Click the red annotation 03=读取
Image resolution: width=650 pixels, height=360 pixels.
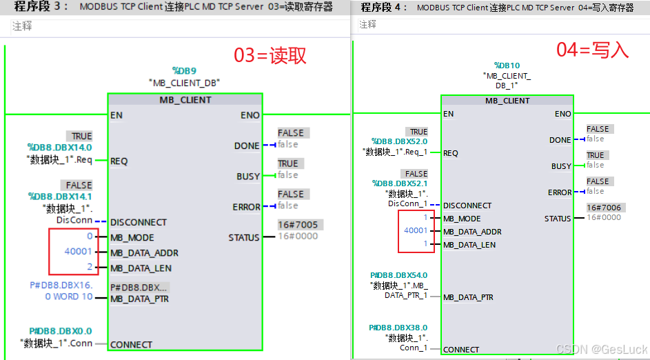270,56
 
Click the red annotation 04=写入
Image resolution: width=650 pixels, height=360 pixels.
592,50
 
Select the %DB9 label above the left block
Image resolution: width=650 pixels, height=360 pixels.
184,70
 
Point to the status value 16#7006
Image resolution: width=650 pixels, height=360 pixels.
603,207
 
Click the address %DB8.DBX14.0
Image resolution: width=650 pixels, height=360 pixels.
59,147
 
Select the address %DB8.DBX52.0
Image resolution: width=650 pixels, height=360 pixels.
399,141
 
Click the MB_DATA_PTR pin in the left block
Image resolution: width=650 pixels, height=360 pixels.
139,299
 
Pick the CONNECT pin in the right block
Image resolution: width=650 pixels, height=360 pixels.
461,350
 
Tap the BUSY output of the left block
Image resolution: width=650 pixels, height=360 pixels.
248,177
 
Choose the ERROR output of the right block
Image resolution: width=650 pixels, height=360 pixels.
560,192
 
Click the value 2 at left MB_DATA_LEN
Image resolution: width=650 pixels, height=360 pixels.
89,267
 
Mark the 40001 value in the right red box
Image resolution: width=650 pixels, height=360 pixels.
416,231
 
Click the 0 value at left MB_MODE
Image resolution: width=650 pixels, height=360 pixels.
89,237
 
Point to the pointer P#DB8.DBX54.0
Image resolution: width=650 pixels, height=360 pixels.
398,275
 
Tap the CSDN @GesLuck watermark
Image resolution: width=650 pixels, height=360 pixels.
601,350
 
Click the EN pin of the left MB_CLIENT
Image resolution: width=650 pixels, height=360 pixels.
116,115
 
